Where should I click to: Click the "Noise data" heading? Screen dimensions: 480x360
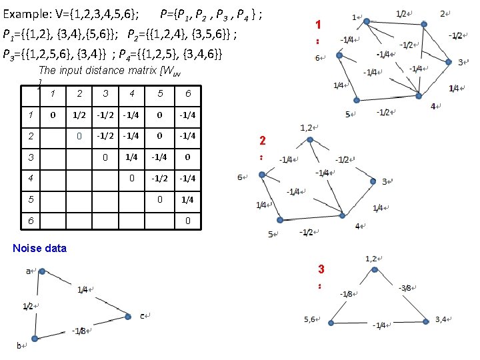coord(40,248)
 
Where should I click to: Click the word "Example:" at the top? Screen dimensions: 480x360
coord(28,13)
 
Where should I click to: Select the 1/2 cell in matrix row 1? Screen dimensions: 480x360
coord(79,115)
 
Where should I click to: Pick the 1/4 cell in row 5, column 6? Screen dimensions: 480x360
coord(188,199)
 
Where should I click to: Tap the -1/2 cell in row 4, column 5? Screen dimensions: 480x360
coord(159,178)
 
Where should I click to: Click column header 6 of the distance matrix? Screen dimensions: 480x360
coord(188,93)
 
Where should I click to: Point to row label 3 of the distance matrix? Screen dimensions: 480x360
coord(31,157)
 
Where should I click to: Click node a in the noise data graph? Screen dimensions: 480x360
coord(41,272)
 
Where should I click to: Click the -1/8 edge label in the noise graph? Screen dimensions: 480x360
coord(79,331)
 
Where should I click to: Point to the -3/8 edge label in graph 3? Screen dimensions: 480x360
coord(406,288)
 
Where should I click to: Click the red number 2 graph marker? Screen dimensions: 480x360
coord(263,141)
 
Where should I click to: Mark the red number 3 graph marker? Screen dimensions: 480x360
coord(321,269)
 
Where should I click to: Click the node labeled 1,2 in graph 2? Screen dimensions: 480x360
coord(307,139)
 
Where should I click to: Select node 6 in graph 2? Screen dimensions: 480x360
coord(262,175)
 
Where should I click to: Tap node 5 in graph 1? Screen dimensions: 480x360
coord(357,100)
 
